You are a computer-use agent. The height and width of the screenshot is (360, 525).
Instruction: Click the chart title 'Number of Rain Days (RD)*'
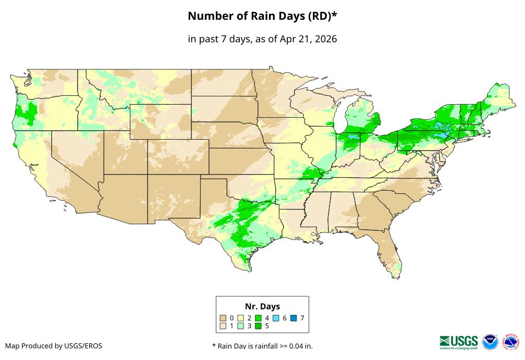[x=262, y=16]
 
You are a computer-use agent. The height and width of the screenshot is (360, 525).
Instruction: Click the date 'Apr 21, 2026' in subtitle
[x=308, y=39]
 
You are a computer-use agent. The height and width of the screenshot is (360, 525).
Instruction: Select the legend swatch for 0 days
[x=223, y=318]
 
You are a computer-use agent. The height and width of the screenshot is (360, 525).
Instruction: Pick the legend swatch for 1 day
[x=223, y=326]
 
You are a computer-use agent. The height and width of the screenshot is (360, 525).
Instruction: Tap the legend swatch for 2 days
[x=241, y=318]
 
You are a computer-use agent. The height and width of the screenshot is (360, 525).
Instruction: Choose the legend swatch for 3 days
[x=241, y=326]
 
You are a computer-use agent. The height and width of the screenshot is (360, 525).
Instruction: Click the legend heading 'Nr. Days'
[x=262, y=306]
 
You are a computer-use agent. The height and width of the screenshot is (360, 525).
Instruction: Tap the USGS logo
[x=459, y=342]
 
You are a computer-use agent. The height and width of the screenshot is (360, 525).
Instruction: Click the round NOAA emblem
[x=490, y=342]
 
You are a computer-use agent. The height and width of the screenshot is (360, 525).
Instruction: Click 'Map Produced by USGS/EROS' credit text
[x=54, y=346]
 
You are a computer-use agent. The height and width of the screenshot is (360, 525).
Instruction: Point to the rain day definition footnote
[x=262, y=346]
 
